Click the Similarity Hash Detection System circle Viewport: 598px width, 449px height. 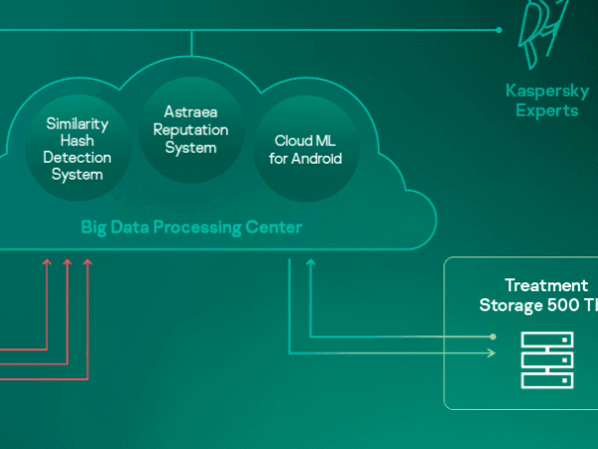click(78, 150)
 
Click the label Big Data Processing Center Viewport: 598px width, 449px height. click(191, 228)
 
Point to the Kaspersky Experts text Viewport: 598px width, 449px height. click(547, 101)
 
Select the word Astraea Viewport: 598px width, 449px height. click(190, 113)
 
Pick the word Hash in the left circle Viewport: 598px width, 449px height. click(77, 141)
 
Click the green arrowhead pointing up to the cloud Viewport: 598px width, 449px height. click(310, 262)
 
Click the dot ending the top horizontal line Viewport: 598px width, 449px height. click(498, 30)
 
